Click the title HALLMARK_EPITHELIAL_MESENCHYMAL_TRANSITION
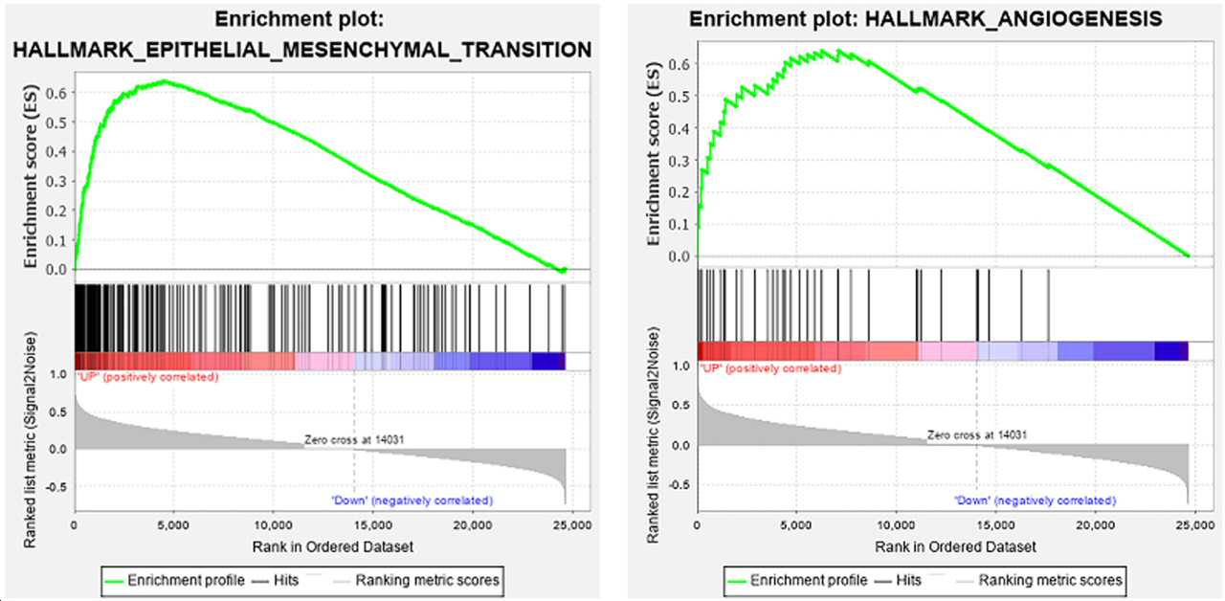[302, 50]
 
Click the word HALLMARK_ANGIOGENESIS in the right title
[1013, 19]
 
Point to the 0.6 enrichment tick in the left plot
[58, 93]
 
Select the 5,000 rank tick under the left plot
[173, 525]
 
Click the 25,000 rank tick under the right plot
[1194, 525]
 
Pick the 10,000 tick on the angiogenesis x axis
[897, 525]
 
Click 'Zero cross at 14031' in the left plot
[354, 439]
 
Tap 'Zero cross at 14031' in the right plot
[977, 435]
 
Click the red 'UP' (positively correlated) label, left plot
[146, 377]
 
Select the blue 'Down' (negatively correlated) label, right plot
[1036, 501]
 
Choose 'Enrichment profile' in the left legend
[186, 580]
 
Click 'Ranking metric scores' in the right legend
[1050, 580]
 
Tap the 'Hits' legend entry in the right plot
[908, 580]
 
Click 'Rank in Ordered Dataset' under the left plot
[332, 546]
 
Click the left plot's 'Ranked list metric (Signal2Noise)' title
[30, 440]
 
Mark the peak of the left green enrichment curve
[164, 81]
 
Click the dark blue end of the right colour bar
[1171, 350]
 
